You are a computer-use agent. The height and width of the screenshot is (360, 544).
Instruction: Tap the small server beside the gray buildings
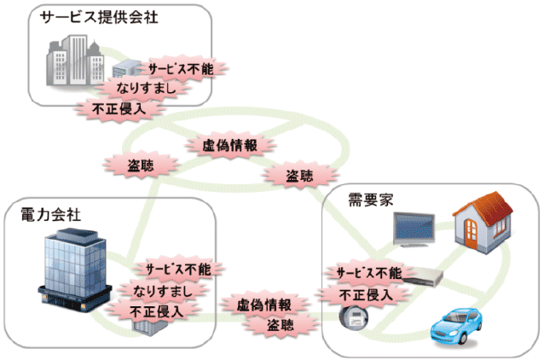click(126, 67)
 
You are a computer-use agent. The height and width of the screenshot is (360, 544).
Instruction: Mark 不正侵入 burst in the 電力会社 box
click(157, 311)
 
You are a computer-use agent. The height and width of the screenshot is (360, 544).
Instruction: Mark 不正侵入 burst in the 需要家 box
click(364, 295)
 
